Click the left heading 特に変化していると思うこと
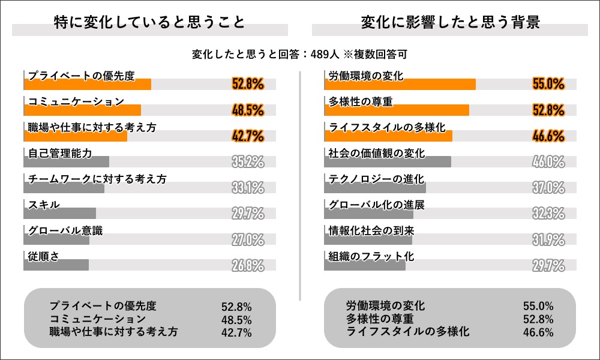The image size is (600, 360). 149,23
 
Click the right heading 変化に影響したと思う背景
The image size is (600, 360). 450,23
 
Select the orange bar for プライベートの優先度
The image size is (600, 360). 88,85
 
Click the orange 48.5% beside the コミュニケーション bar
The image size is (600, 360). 248,110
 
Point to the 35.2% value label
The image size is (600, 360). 248,162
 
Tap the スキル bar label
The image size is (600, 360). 44,205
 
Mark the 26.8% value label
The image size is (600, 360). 248,266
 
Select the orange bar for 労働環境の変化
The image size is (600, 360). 400,85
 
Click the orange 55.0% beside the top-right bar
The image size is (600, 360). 548,85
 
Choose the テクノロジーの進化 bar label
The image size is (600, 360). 376,179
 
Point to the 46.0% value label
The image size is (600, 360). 548,162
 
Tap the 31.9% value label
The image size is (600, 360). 548,240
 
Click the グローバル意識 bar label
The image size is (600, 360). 65,230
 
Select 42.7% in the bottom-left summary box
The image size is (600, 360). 236,332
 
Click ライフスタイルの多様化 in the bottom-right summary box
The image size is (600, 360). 408,332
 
